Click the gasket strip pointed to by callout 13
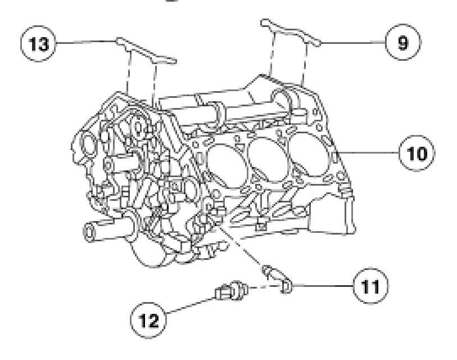pos(147,51)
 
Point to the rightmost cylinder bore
pos(309,142)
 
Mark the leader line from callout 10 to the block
pos(368,152)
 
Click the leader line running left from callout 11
pos(320,285)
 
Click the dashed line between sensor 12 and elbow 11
pos(260,290)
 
